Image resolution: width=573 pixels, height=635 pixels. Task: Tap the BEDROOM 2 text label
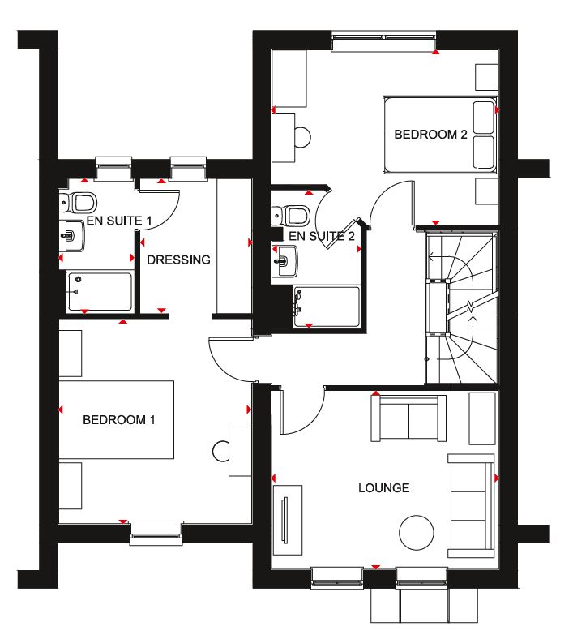point(430,135)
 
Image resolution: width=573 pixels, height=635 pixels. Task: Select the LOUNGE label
point(383,488)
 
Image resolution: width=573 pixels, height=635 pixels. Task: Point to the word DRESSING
point(178,260)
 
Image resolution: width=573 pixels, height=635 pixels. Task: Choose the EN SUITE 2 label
point(322,237)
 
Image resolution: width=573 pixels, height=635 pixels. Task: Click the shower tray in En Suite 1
point(99,292)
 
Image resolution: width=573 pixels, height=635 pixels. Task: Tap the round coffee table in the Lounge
point(417,532)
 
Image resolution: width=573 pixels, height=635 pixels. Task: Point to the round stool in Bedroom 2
point(301,137)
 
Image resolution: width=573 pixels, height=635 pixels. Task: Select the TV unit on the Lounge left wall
point(288,518)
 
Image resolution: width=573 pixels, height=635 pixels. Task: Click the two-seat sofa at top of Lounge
point(408,418)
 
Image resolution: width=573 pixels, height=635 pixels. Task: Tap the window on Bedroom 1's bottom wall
point(157,530)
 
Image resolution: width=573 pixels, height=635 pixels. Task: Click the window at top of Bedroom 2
point(383,41)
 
